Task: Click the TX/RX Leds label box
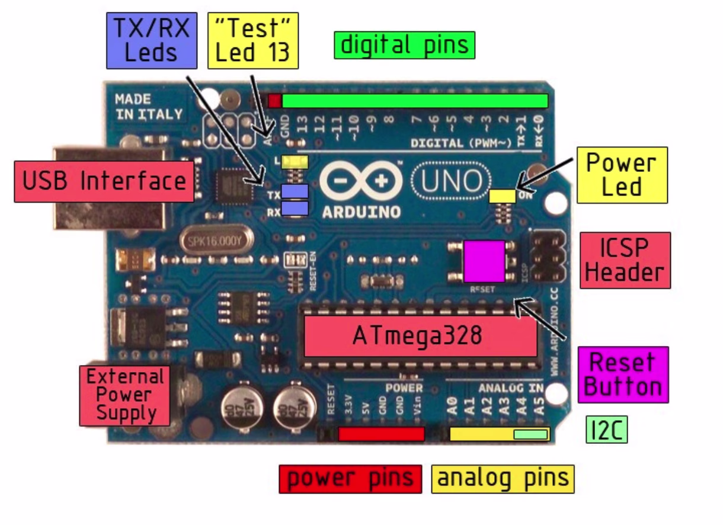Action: pyautogui.click(x=151, y=40)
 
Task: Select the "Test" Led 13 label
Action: pyautogui.click(x=253, y=40)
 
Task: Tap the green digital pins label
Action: pyautogui.click(x=405, y=45)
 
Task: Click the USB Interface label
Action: pyautogui.click(x=104, y=181)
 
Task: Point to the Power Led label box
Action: pyautogui.click(x=622, y=175)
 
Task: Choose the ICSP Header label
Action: pyautogui.click(x=626, y=260)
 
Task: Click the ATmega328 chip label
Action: pyautogui.click(x=421, y=336)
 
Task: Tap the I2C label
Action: pyautogui.click(x=606, y=430)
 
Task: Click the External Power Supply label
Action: pyautogui.click(x=124, y=395)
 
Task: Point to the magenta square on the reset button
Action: pyautogui.click(x=484, y=261)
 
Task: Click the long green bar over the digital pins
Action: pyautogui.click(x=415, y=101)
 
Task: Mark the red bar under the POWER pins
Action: pyautogui.click(x=381, y=434)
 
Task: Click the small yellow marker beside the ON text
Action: pyautogui.click(x=502, y=196)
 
